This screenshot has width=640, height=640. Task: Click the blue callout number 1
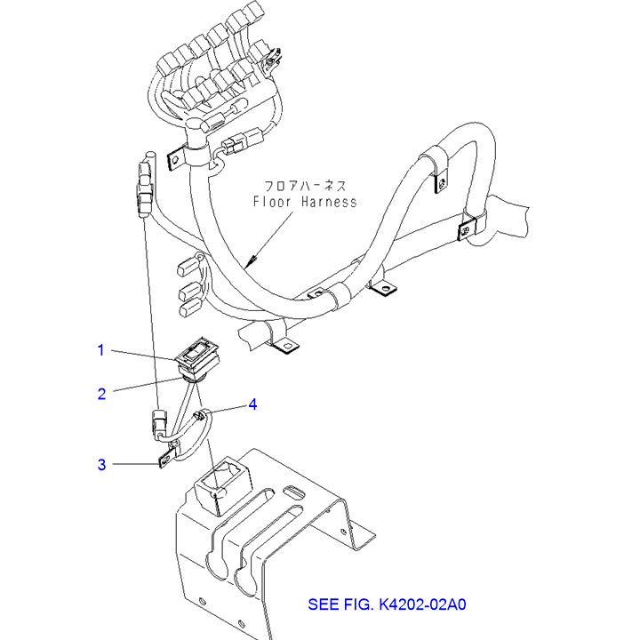click(x=101, y=350)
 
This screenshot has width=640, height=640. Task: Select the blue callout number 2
click(x=101, y=392)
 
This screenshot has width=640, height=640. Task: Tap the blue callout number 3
click(x=101, y=464)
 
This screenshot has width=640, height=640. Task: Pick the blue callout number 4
click(x=252, y=404)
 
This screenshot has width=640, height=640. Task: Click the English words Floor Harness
click(x=304, y=202)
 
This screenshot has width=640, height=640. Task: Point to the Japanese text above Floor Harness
click(x=304, y=185)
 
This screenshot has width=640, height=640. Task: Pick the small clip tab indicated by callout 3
click(x=165, y=460)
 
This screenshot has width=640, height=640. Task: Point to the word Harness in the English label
click(x=329, y=202)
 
